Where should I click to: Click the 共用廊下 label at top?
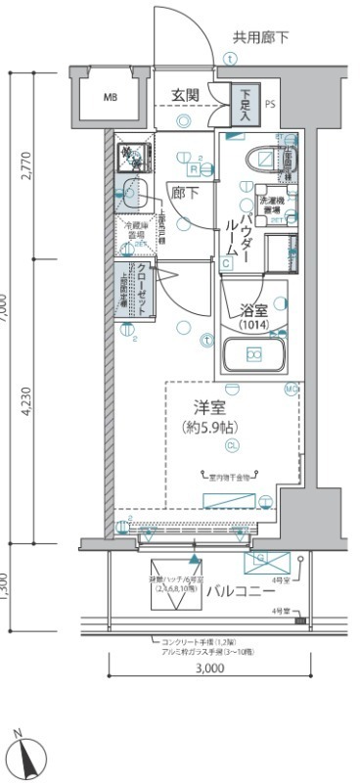(259, 38)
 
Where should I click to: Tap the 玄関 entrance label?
(186, 95)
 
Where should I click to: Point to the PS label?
(270, 102)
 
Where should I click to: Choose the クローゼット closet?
(142, 289)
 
